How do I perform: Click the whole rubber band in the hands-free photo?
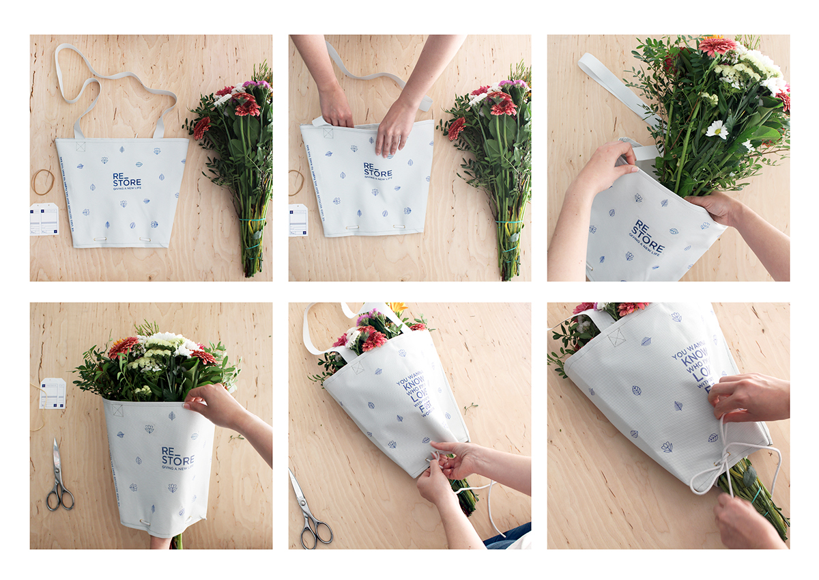pos(43,182)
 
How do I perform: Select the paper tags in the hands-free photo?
pos(44,219)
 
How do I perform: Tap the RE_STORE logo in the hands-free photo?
pos(127,180)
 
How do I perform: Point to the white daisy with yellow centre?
pos(717,129)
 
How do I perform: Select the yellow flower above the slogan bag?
pos(397,308)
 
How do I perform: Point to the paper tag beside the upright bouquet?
pos(53,393)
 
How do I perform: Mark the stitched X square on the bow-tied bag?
pos(616,336)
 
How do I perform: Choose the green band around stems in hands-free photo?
pos(253,220)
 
